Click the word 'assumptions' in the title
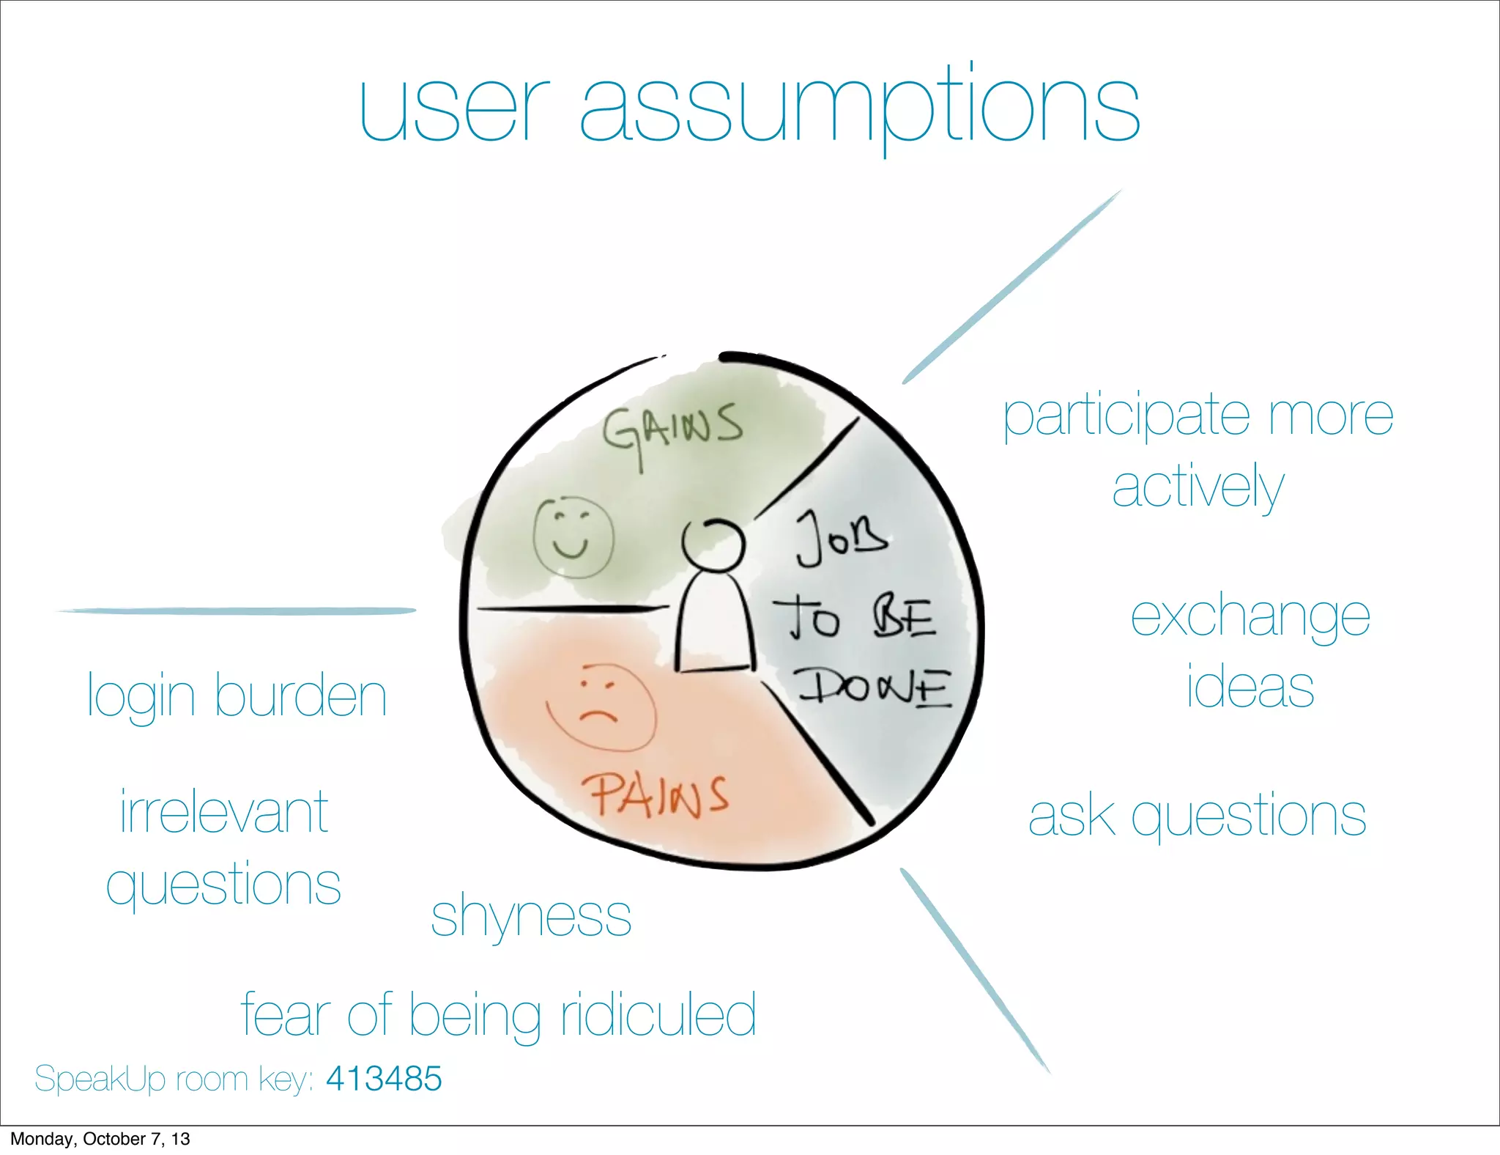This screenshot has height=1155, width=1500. (860, 106)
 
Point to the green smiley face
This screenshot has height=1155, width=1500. (572, 537)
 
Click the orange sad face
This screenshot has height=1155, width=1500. (601, 708)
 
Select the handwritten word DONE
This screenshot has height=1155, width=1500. (875, 687)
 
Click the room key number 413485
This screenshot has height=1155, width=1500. (384, 1079)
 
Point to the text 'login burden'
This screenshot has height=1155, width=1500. (237, 696)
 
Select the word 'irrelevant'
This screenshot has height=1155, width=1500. (224, 812)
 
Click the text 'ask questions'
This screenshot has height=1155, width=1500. (1197, 816)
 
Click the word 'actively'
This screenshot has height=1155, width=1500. (1198, 487)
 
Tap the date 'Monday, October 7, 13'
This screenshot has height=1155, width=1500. (100, 1139)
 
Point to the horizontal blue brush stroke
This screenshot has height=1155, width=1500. (236, 610)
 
